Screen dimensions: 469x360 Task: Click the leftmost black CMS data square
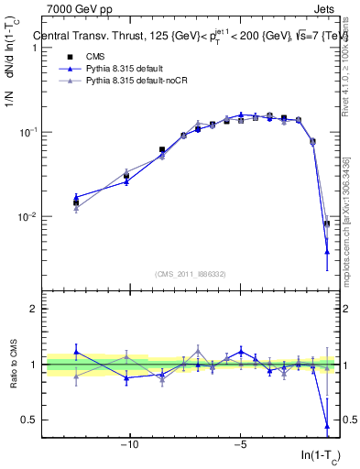point(77,202)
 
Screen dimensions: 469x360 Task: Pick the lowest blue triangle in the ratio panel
point(327,426)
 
